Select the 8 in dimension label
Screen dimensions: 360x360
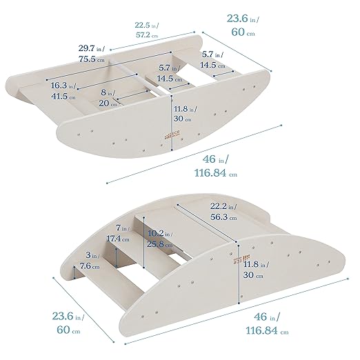click(107, 92)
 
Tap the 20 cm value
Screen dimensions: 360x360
click(106, 103)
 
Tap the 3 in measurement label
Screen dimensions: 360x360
click(84, 256)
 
